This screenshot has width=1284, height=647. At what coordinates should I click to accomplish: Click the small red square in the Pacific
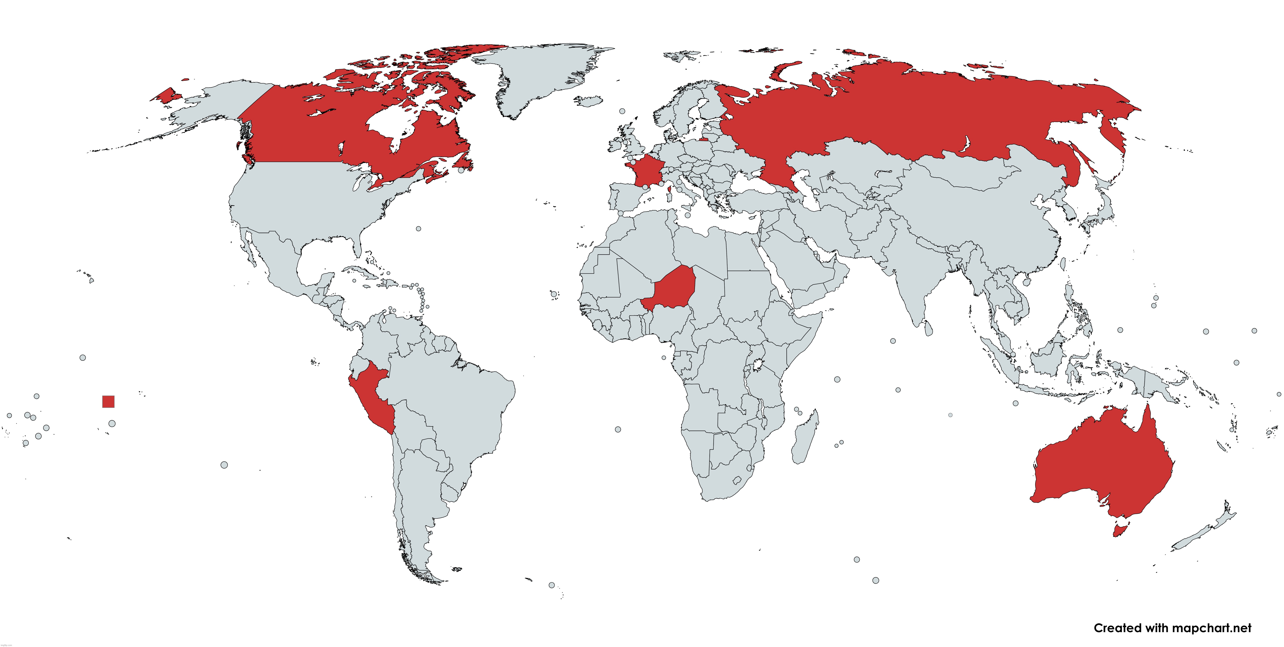tap(108, 402)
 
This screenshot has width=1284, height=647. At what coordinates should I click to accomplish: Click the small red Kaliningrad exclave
tap(703, 140)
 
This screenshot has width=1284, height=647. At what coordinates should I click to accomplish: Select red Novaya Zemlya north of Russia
tap(783, 70)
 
